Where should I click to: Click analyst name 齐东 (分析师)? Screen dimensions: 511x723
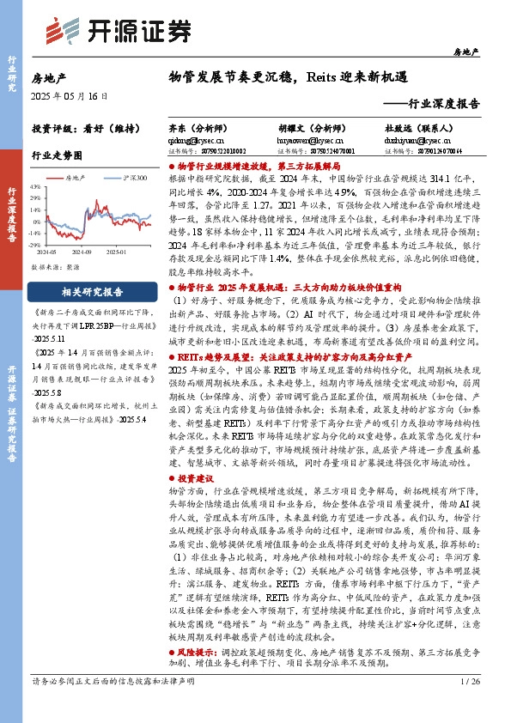click(x=198, y=127)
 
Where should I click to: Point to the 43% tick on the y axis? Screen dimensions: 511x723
click(x=35, y=185)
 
